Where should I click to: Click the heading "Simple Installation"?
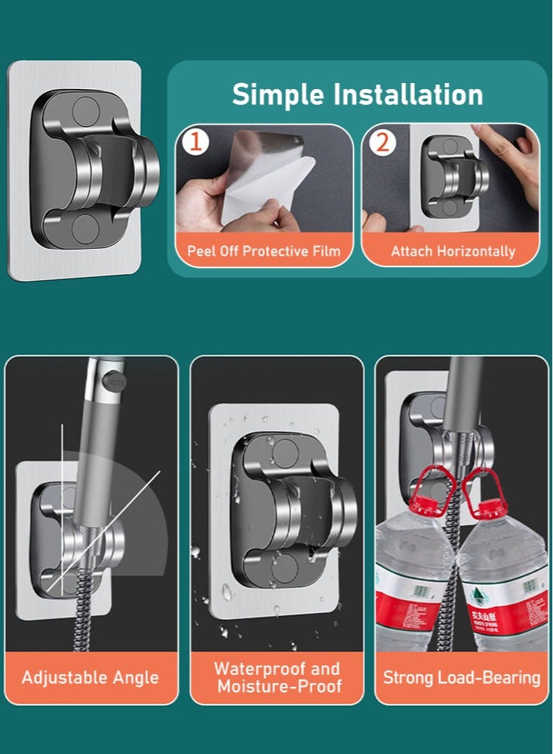[357, 95]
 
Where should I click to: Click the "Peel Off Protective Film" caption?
[264, 251]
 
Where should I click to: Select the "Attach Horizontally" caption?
[453, 251]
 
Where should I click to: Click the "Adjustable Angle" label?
[91, 676]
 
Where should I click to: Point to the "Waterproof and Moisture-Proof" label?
[277, 677]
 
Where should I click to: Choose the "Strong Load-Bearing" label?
[461, 677]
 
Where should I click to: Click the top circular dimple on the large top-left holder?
[84, 110]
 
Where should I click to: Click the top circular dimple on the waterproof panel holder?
[284, 452]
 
